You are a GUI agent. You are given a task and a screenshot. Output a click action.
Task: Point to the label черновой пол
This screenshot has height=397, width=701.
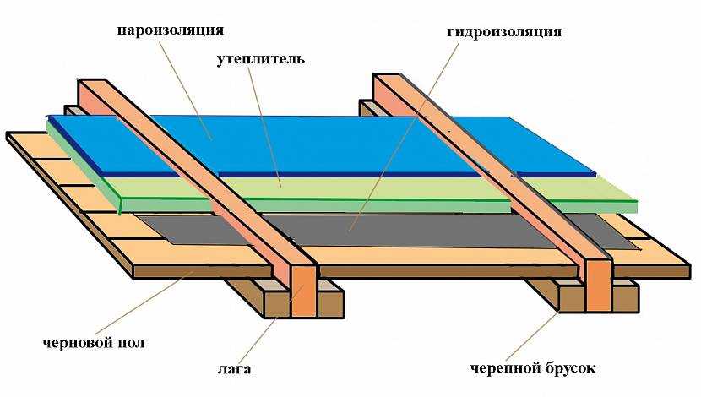point(93,343)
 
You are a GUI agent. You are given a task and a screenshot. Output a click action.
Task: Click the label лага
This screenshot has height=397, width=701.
point(240,370)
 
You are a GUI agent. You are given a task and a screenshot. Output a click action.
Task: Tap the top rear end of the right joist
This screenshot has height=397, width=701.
point(386,80)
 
